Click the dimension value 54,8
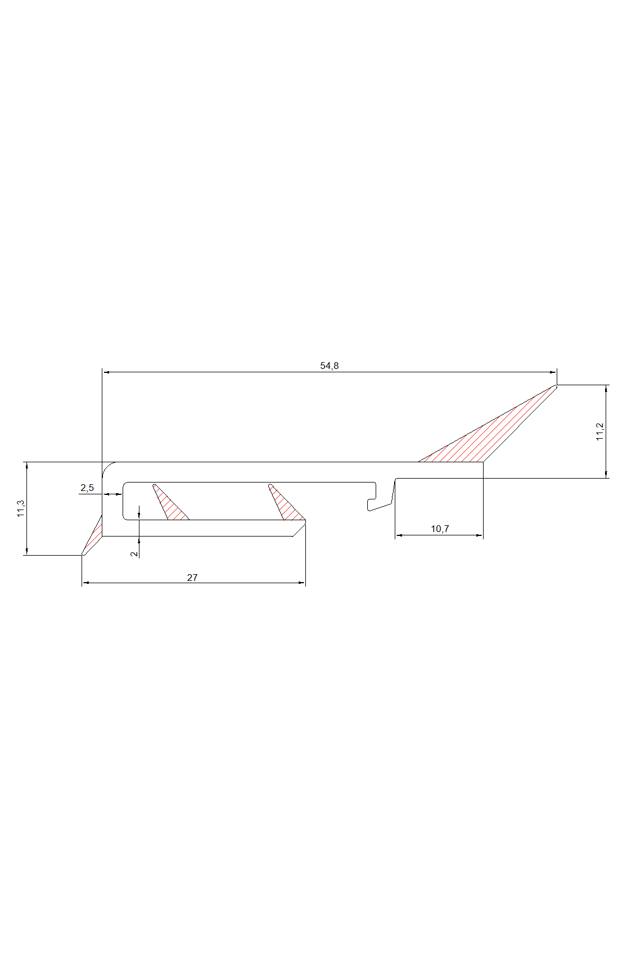tap(330, 366)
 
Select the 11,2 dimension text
tap(600, 431)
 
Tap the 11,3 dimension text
tap(21, 508)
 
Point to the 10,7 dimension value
tap(440, 529)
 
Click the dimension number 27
tap(192, 578)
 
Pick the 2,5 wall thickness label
tap(87, 488)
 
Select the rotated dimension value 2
tap(134, 554)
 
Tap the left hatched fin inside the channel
tap(168, 503)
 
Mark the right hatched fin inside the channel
tap(285, 503)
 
